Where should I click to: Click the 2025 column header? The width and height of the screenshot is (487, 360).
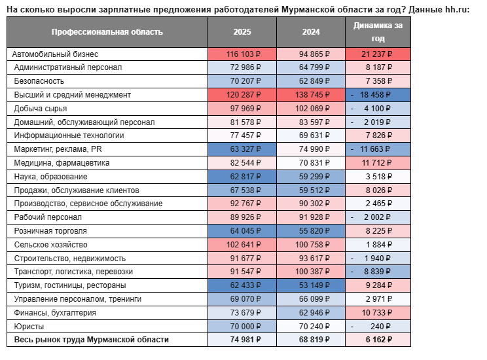point(242,32)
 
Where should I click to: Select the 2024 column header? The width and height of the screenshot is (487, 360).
point(311,32)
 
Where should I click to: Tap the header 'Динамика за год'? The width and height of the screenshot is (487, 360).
point(378,32)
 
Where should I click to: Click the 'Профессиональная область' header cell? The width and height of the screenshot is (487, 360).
point(107,32)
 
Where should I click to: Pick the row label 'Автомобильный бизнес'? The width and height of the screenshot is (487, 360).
point(55,54)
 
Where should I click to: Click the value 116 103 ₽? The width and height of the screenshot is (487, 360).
point(243,54)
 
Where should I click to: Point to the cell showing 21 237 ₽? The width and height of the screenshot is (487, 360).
point(377,54)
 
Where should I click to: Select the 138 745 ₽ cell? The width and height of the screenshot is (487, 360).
point(312,95)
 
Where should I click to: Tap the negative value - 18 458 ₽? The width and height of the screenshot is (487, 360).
point(370,95)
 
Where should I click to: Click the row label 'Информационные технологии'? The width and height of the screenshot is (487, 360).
point(69,135)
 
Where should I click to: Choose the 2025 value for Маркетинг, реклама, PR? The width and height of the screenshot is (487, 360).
point(245,149)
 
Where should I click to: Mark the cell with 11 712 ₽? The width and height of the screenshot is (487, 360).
point(377,163)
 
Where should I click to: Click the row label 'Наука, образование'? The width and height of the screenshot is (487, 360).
point(50,177)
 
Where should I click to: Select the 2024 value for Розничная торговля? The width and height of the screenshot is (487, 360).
point(314,231)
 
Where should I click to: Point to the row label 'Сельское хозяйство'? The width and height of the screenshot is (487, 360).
point(50,245)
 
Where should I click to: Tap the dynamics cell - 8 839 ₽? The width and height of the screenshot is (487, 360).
point(370,272)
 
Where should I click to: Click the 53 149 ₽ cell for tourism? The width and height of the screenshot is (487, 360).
point(314,285)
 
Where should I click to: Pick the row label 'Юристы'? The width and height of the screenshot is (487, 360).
point(29,327)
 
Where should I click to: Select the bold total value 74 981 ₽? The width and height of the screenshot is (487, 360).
point(245,340)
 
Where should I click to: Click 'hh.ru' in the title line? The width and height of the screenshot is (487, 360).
point(456,10)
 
